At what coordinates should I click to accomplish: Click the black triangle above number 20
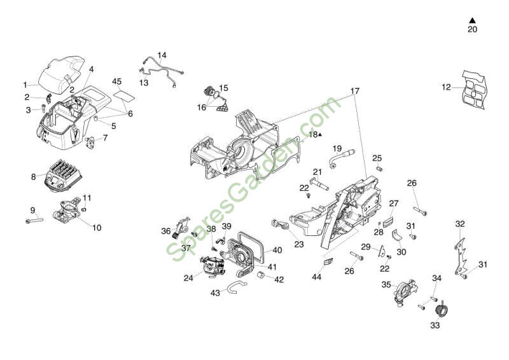click(x=472, y=20)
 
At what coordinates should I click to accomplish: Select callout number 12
click(x=446, y=87)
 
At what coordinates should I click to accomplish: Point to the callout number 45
click(x=116, y=81)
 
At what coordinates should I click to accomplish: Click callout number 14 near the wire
click(x=162, y=55)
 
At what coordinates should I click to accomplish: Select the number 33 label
click(x=435, y=325)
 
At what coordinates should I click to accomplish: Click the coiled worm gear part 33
click(x=439, y=311)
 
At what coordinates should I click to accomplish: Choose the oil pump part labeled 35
click(x=405, y=294)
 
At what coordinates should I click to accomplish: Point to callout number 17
click(x=354, y=91)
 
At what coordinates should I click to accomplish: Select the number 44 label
click(x=317, y=277)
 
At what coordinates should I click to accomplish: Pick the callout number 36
click(x=166, y=231)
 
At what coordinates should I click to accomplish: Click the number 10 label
click(x=97, y=227)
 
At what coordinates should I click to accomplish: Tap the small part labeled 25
click(x=379, y=168)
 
